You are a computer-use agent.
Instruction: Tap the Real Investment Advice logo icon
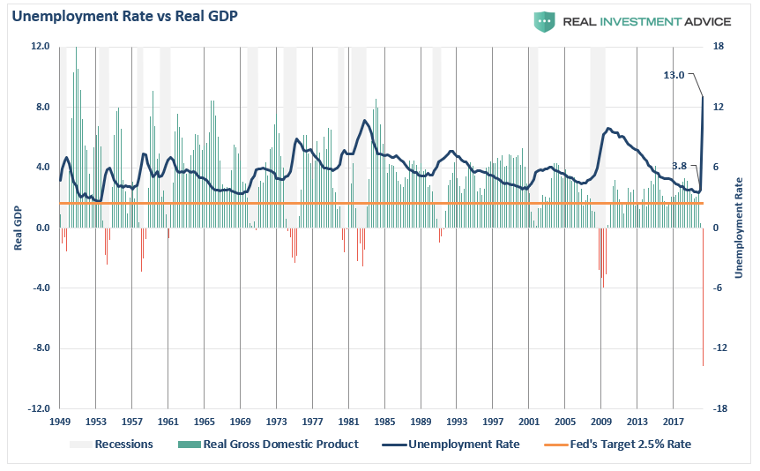(543, 21)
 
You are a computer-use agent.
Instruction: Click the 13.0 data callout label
(674, 76)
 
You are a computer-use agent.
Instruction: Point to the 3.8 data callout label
(679, 166)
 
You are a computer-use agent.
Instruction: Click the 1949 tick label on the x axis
(60, 421)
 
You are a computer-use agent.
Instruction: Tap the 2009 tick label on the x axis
(601, 421)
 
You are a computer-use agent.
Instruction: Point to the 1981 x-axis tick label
(348, 421)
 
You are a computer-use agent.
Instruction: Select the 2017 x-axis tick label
(674, 421)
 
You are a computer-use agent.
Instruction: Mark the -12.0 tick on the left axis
(37, 409)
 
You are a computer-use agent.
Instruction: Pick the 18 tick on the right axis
(719, 47)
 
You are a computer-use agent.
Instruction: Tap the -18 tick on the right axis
(720, 409)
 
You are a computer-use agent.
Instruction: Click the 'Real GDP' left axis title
(17, 228)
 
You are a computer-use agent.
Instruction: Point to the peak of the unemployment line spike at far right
(703, 97)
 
